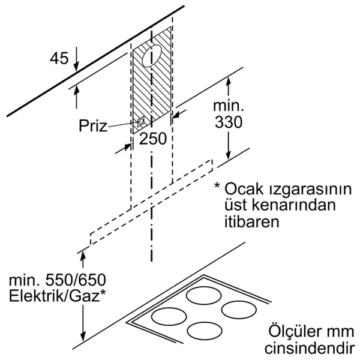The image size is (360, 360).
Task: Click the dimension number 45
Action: pyautogui.click(x=59, y=58)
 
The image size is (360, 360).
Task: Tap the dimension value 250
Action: pyautogui.click(x=152, y=139)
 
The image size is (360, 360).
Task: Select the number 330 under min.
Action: pyautogui.click(x=229, y=122)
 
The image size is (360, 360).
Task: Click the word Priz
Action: pyautogui.click(x=93, y=125)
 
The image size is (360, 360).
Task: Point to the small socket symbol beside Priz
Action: pyautogui.click(x=140, y=121)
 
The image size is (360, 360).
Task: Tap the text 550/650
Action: pyautogui.click(x=76, y=280)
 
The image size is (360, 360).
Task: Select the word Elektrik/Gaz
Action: pyautogui.click(x=55, y=296)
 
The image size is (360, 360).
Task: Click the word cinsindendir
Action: pyautogui.click(x=310, y=348)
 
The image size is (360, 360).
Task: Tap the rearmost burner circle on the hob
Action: pyautogui.click(x=203, y=295)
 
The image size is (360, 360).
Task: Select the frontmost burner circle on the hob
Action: pyautogui.click(x=205, y=331)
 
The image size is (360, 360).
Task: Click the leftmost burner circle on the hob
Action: pyautogui.click(x=169, y=317)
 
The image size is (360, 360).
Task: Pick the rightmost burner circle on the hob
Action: pyautogui.click(x=239, y=310)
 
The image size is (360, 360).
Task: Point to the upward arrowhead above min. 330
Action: pyautogui.click(x=228, y=82)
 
